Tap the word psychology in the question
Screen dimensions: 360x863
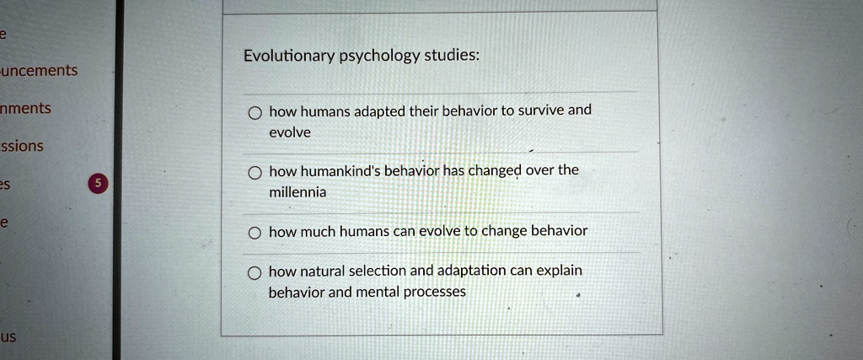tap(378, 56)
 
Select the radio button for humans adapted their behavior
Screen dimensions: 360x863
tap(255, 113)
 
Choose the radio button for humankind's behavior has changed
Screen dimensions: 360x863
tap(255, 173)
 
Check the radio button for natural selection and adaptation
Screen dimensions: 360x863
tap(255, 272)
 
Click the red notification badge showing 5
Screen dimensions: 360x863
tap(98, 184)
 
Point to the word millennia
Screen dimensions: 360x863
tap(297, 192)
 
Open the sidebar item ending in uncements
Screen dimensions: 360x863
tap(39, 70)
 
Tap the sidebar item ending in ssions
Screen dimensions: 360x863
tap(22, 146)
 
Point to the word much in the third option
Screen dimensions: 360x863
tap(318, 231)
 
